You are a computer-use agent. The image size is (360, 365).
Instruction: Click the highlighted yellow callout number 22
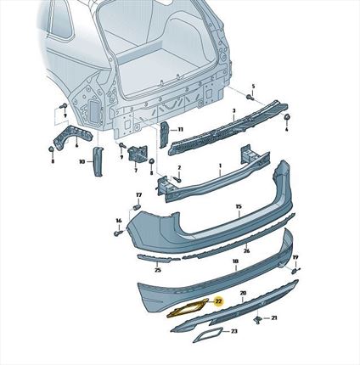(218, 300)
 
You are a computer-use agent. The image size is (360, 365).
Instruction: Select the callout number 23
(233, 331)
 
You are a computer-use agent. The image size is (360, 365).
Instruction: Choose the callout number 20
(243, 293)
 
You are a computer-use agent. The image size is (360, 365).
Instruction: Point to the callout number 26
(246, 250)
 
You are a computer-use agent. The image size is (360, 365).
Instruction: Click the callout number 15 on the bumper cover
(239, 206)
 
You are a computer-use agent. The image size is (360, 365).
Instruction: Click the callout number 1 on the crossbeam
(220, 167)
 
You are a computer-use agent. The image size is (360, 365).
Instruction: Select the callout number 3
(233, 111)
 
